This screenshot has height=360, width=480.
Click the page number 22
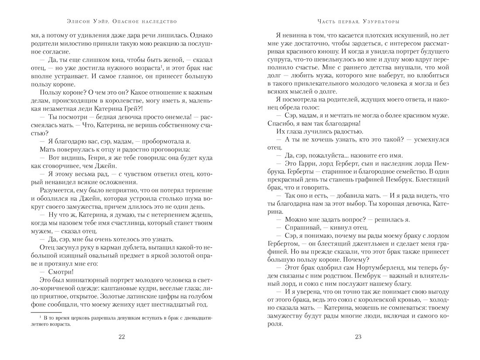click(x=122, y=336)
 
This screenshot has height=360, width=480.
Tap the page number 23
click(x=358, y=336)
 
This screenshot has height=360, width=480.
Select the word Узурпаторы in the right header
click(x=384, y=21)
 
